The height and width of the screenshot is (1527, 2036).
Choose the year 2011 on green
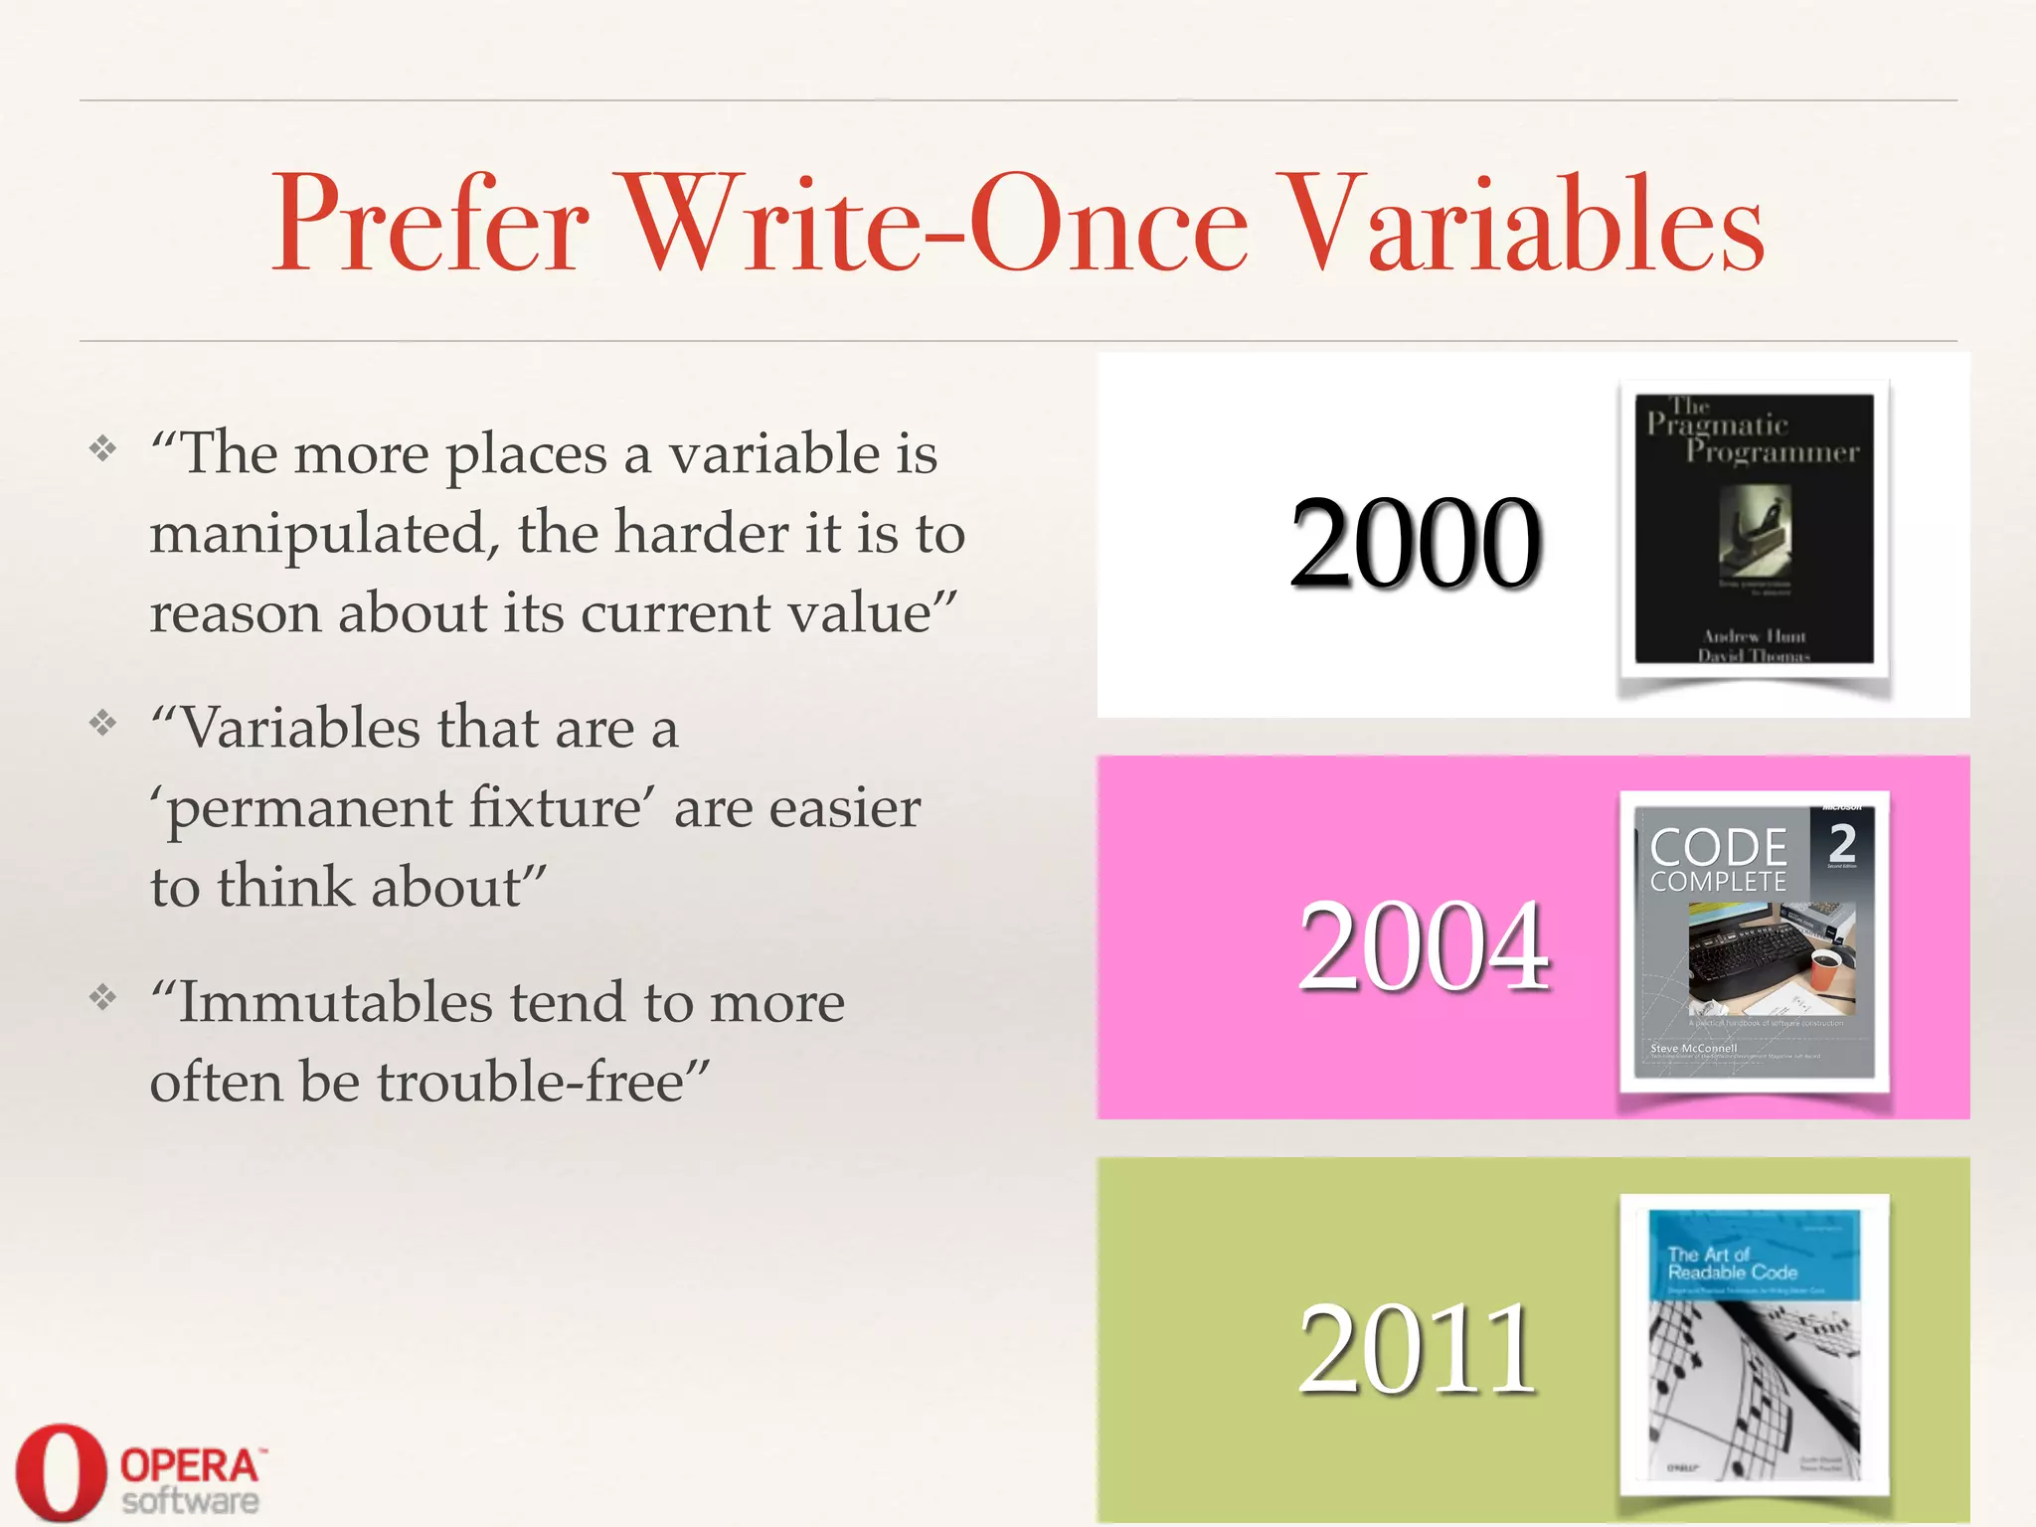(1418, 1349)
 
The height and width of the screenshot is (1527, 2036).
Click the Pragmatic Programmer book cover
(1755, 529)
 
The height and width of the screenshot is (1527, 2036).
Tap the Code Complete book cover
(1755, 941)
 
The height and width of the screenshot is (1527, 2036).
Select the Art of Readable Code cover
(1755, 1344)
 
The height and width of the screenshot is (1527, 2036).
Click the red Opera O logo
(60, 1472)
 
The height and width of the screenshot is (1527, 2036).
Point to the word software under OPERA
(191, 1500)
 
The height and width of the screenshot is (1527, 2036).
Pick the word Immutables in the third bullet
(335, 1002)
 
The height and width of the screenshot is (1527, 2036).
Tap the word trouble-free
(543, 1082)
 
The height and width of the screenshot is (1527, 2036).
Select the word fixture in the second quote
(556, 807)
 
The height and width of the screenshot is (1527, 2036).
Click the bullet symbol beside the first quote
(102, 449)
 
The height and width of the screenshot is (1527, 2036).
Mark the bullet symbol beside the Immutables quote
(102, 997)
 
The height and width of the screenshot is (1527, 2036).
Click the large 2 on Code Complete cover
(1842, 843)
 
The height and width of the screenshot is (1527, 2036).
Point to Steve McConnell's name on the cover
(1693, 1048)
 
